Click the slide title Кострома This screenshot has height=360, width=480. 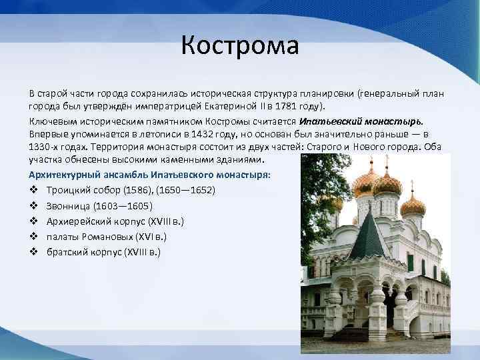pos(240,47)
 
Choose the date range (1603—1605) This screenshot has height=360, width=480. pos(123,205)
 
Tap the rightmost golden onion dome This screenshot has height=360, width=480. pos(413,203)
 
